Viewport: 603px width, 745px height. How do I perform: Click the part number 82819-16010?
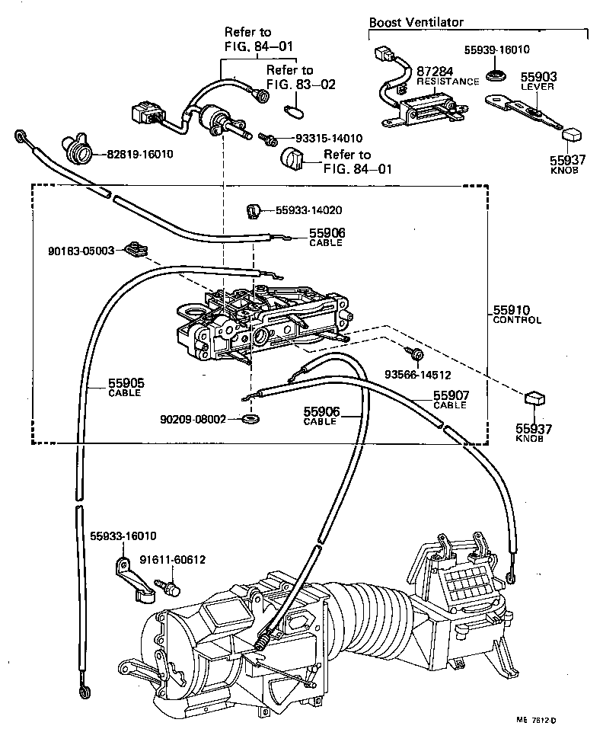pyautogui.click(x=139, y=154)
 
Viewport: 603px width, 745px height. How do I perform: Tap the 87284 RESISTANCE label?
pyautogui.click(x=448, y=76)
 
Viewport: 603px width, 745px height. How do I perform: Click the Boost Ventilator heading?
pyautogui.click(x=416, y=23)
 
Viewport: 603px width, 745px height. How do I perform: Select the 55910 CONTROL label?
pyautogui.click(x=517, y=315)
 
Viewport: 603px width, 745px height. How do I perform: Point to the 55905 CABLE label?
pyautogui.click(x=125, y=388)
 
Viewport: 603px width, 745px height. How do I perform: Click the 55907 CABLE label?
pyautogui.click(x=451, y=400)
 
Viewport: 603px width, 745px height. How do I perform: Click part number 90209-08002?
pyautogui.click(x=193, y=419)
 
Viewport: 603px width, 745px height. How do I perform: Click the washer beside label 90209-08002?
pyautogui.click(x=250, y=419)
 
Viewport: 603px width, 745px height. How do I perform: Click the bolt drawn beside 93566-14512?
pyautogui.click(x=416, y=354)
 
